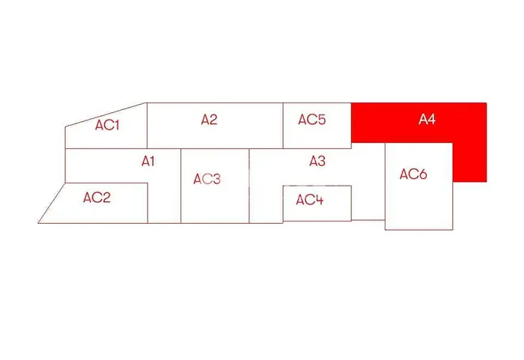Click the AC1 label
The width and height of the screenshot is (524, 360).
pos(107,125)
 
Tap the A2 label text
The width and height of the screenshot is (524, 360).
pos(209,119)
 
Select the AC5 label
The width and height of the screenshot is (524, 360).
pos(312,119)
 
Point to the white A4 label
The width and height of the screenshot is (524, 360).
pos(427,119)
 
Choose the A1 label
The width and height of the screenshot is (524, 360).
pos(148,161)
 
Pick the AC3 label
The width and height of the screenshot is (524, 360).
pos(207,179)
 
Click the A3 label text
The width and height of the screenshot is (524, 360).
pos(317,161)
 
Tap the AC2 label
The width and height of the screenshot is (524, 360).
pos(97,198)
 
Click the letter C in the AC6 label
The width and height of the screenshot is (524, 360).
pos(413,174)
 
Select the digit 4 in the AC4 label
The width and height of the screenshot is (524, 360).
pos(319,200)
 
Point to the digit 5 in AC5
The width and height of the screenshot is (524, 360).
pos(321,119)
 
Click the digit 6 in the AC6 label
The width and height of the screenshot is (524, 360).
pos(423,174)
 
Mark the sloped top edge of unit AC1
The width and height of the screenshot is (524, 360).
pos(106,115)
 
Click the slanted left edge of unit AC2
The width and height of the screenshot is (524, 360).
pos(52,203)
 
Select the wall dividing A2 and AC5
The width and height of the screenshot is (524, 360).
pos(283,125)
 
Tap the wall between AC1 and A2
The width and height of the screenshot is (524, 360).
pos(147,125)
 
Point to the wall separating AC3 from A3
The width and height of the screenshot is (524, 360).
pos(249,186)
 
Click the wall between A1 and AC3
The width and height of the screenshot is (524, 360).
pos(181,186)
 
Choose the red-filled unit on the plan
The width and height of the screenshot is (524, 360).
pos(419,123)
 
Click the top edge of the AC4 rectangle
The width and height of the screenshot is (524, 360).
pos(317,186)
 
